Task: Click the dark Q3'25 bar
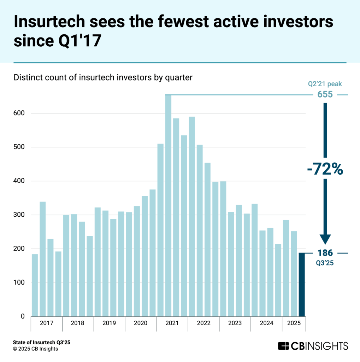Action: point(302,284)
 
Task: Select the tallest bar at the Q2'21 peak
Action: point(168,205)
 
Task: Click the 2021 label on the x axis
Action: point(172,323)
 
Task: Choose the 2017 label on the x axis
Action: point(46,323)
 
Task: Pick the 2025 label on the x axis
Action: point(294,323)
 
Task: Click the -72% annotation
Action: point(325,169)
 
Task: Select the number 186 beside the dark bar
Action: point(325,253)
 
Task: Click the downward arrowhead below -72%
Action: point(325,239)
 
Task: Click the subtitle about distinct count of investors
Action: point(103,77)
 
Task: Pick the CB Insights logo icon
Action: point(284,345)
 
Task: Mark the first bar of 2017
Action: point(35,285)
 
